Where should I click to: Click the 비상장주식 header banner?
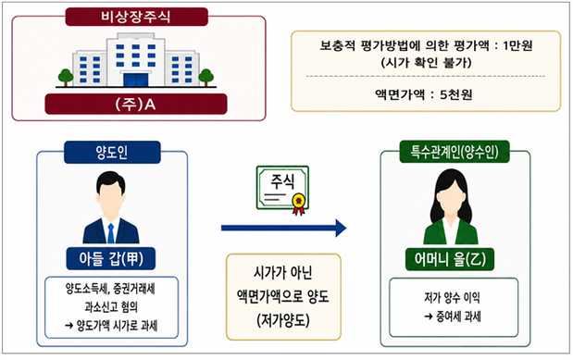tap(136, 17)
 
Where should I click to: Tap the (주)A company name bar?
tap(136, 105)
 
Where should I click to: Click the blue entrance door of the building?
tap(135, 80)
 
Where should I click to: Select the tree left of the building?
tap(66, 77)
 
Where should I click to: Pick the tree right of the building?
tap(206, 77)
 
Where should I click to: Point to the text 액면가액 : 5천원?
tap(424, 94)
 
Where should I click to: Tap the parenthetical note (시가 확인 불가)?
tap(426, 63)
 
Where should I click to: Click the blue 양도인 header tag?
tap(112, 152)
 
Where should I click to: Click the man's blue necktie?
tap(111, 233)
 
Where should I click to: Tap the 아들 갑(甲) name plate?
tap(111, 259)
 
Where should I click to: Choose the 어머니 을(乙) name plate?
tap(450, 259)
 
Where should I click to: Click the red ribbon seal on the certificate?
tap(299, 204)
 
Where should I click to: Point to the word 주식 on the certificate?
tap(282, 181)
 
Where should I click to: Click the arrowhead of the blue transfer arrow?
tap(341, 228)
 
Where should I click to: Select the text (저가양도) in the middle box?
tap(283, 320)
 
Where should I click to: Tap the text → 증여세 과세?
tap(453, 317)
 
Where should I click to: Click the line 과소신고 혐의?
tap(111, 306)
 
